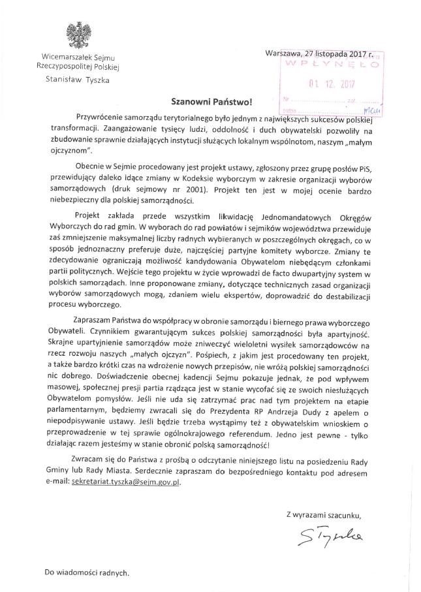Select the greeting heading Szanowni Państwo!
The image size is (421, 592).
[210, 102]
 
